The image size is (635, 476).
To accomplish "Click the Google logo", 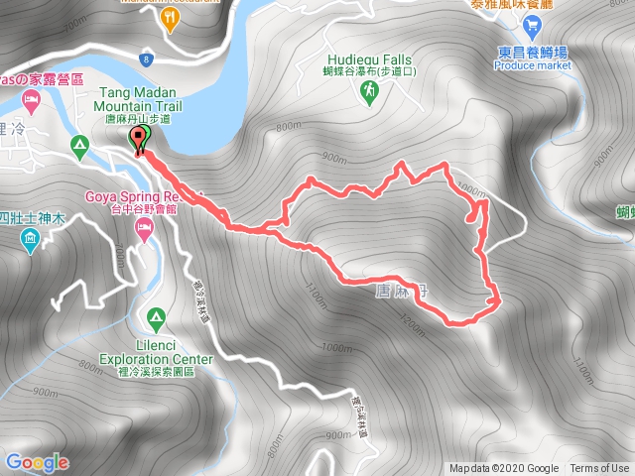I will click(x=37, y=462).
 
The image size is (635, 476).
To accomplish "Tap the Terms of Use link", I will click(x=598, y=469).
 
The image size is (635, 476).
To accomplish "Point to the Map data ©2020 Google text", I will click(x=504, y=469).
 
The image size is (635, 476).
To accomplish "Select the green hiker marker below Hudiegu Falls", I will click(x=368, y=91).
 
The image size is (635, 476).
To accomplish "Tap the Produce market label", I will click(x=533, y=64).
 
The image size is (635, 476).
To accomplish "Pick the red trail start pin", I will click(x=139, y=140).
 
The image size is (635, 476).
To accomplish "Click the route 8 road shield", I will click(x=146, y=59).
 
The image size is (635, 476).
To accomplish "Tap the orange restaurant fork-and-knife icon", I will click(x=172, y=17).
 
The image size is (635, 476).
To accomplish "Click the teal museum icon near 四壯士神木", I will click(x=30, y=238).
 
